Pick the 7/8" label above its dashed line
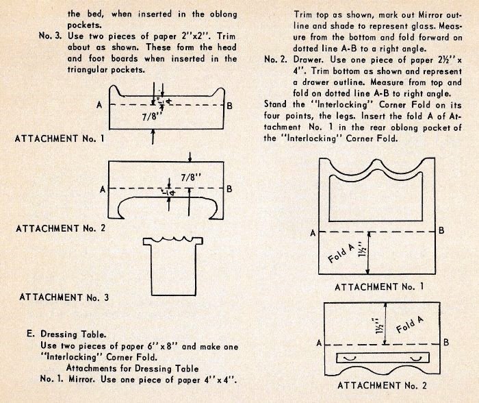[x=191, y=175]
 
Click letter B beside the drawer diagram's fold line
[x=445, y=342]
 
